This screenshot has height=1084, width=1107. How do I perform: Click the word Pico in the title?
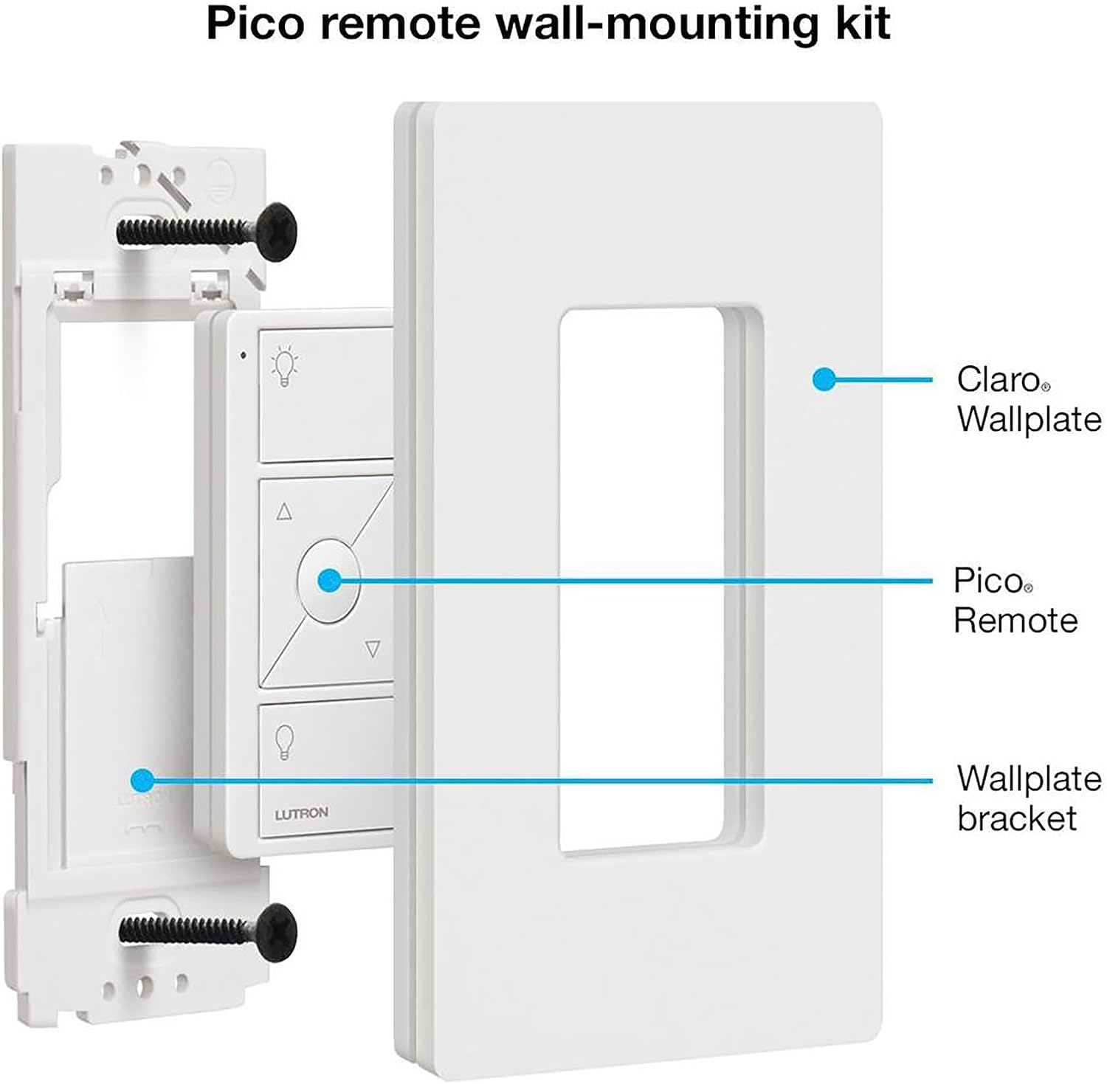[255, 24]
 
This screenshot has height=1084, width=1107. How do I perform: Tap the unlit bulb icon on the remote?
[285, 741]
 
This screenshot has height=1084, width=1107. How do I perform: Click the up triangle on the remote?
[284, 511]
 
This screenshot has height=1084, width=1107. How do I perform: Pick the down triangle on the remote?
[373, 649]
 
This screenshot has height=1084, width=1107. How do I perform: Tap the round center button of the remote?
[328, 580]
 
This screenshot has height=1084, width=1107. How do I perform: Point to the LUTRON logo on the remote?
[301, 814]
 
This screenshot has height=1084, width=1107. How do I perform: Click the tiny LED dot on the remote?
[243, 355]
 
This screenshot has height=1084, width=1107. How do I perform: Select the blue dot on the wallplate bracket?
[142, 779]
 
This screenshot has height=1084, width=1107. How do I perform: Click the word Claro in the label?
[999, 380]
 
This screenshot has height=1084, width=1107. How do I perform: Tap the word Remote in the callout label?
[1015, 621]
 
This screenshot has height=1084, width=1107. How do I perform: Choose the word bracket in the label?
[1017, 818]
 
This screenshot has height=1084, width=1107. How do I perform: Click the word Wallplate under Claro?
[1029, 419]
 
